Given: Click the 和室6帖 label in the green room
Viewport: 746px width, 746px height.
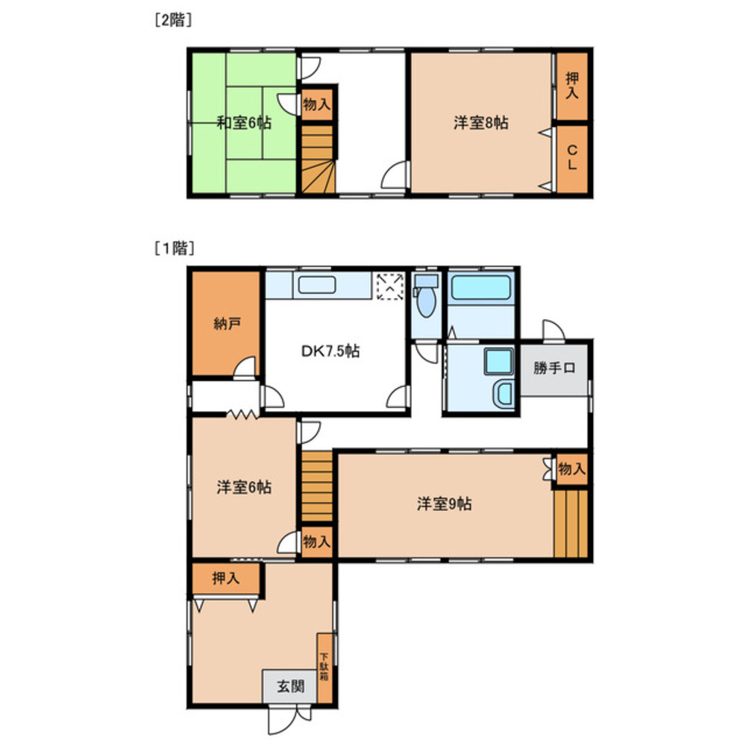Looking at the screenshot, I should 243,123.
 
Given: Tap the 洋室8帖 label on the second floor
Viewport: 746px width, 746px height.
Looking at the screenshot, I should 480,123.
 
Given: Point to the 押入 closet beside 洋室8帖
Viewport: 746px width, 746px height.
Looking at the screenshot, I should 572,87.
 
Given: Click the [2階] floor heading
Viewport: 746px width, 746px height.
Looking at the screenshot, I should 173,21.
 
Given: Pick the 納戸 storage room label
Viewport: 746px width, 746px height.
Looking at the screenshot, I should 225,325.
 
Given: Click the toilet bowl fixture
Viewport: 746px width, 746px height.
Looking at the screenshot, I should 427,300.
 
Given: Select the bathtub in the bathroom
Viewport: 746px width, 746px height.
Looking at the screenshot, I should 481,287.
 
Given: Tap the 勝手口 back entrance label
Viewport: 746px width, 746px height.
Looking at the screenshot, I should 554,368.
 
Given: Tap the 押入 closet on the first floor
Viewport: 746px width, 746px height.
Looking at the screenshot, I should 225,578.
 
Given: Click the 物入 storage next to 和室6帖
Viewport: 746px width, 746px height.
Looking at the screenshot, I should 317,104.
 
